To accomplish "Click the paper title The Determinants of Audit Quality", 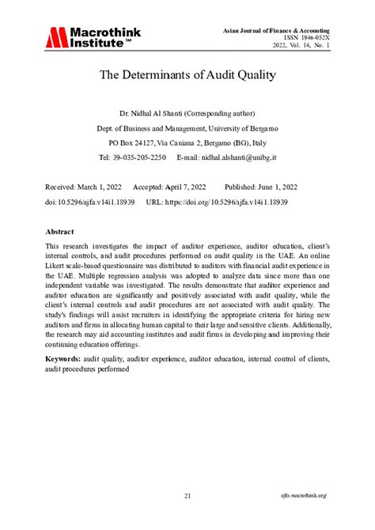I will [x=187, y=77].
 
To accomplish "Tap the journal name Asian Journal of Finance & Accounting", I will [x=275, y=29].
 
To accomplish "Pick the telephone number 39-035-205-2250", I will [x=138, y=157].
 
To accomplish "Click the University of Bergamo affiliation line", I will [x=187, y=129].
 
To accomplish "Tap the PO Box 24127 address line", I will [x=187, y=143].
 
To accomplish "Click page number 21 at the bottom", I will [x=187, y=496].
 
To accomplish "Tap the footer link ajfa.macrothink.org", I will [x=304, y=496].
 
